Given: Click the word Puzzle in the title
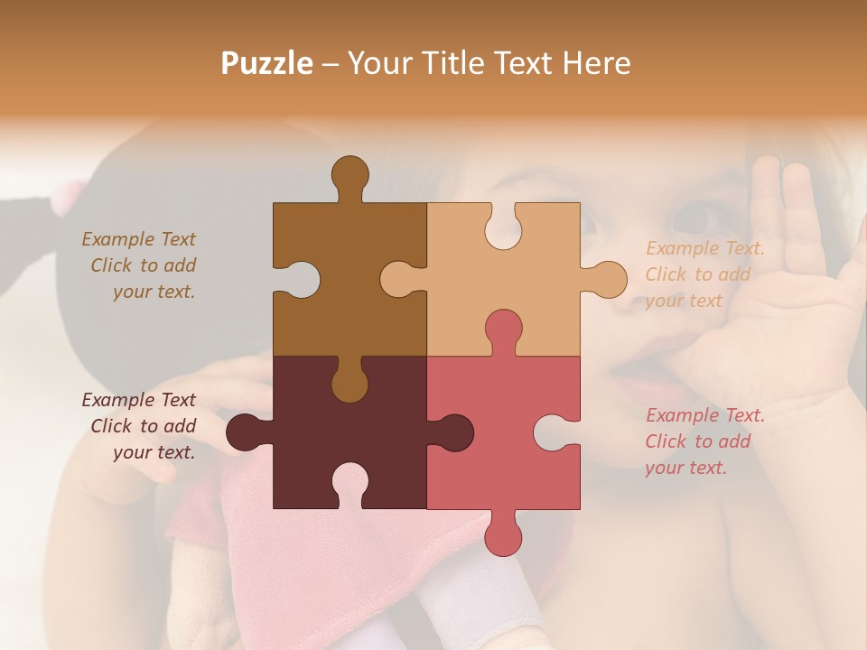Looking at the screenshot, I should point(267,63).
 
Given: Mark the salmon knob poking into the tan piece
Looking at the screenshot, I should point(503,330).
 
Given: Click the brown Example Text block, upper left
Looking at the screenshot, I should point(141,265).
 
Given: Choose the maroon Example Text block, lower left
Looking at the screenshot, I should point(141,426).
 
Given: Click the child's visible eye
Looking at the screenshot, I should point(695,217).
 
